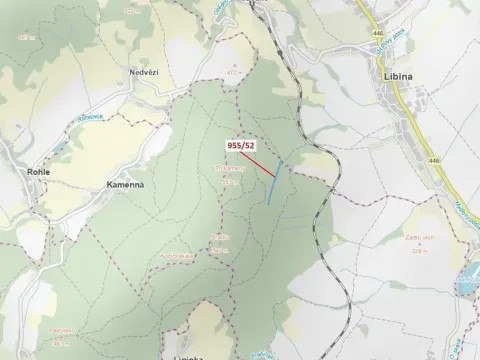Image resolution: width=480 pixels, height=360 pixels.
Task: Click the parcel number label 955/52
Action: pos(241,145)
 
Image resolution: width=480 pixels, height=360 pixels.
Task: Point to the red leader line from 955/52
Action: pos(260,165)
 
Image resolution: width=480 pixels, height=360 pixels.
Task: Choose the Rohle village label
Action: pos(38,172)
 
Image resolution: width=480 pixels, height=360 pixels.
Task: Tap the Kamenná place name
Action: pos(126,185)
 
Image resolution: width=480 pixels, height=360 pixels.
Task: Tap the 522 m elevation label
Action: pos(229,182)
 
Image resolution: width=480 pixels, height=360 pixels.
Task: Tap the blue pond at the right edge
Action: pos(468,281)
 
